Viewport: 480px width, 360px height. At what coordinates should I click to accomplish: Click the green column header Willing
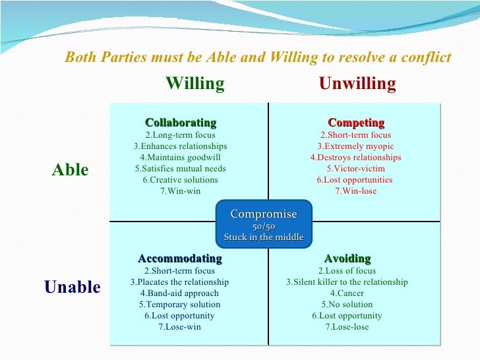click(x=195, y=84)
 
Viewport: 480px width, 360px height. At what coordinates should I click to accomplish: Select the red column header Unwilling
click(x=357, y=84)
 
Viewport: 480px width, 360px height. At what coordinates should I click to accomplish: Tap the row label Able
click(x=70, y=170)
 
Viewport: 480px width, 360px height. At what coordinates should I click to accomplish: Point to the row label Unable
click(x=73, y=287)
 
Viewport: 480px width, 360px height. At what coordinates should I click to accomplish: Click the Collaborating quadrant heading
click(x=180, y=123)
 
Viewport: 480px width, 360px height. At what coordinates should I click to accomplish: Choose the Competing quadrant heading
click(x=356, y=123)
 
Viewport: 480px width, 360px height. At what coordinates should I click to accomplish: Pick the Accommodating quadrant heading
click(x=180, y=258)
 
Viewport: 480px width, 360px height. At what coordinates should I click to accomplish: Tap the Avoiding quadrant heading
click(x=347, y=258)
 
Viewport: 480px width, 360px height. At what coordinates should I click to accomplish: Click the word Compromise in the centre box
click(x=264, y=214)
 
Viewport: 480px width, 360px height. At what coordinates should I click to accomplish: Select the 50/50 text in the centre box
click(x=264, y=226)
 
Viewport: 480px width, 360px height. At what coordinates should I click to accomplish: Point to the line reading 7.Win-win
click(x=180, y=191)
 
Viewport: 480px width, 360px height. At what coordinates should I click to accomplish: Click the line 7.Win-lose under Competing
click(x=355, y=191)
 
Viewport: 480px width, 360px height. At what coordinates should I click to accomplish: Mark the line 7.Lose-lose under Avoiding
click(x=347, y=327)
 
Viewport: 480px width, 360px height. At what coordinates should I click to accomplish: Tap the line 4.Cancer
click(x=347, y=293)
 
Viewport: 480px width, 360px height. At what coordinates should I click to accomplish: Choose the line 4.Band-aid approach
click(x=180, y=293)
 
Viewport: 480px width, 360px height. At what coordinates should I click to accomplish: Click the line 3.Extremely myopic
click(x=355, y=146)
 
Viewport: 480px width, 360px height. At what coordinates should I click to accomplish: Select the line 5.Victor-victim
click(x=355, y=169)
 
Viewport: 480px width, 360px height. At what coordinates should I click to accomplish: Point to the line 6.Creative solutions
click(x=180, y=180)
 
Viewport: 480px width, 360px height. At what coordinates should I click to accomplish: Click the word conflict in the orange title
click(x=428, y=58)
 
